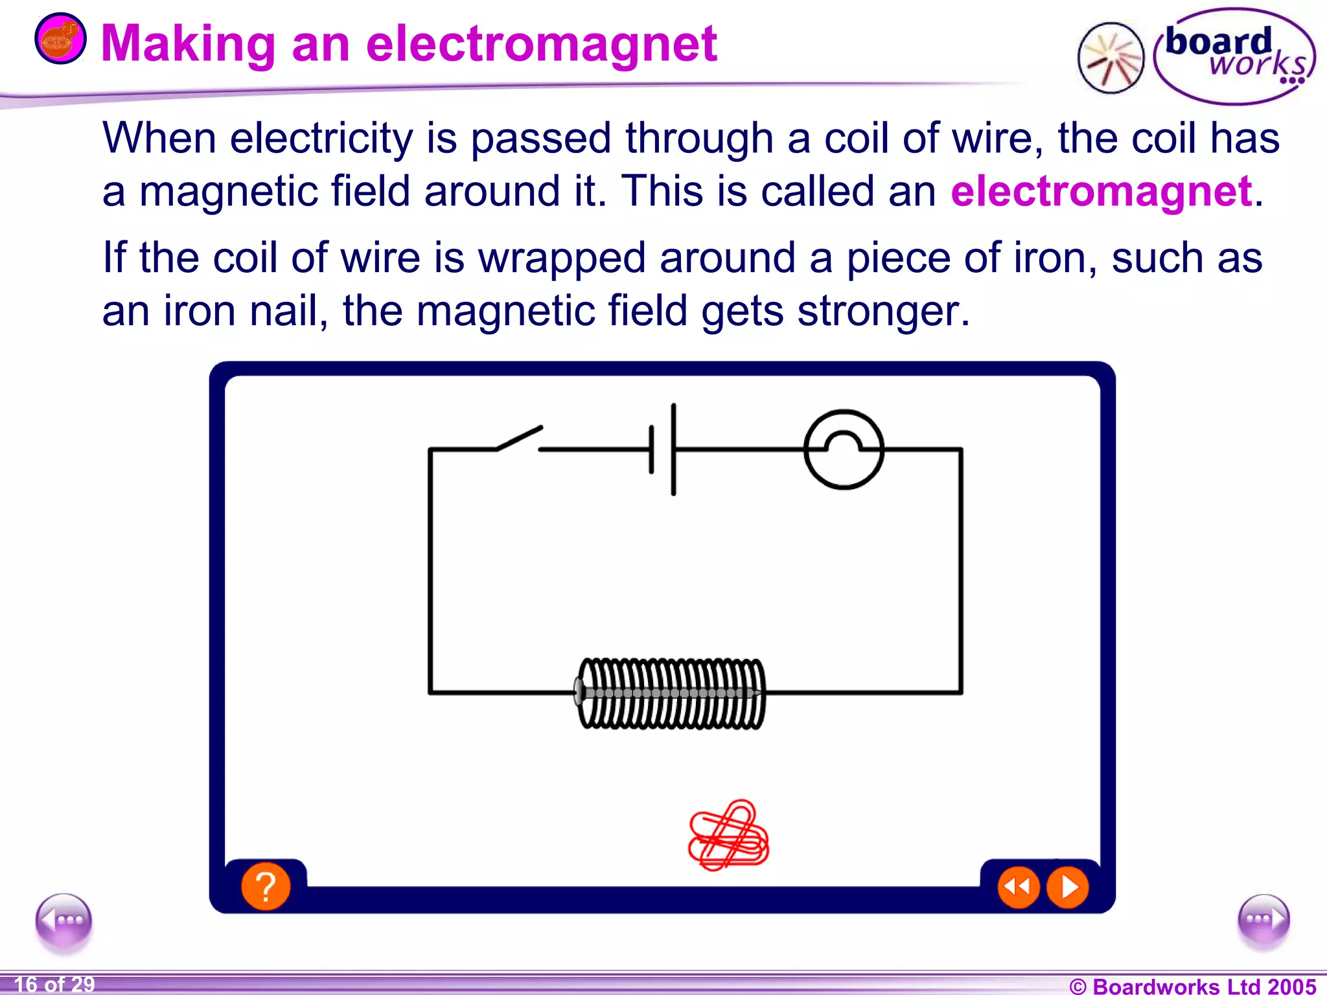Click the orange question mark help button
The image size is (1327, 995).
(x=266, y=886)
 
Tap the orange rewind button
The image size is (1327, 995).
(x=1018, y=887)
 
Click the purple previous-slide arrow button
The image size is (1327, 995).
(x=63, y=920)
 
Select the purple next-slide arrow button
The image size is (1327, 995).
(x=1263, y=920)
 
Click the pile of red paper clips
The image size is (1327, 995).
(x=728, y=836)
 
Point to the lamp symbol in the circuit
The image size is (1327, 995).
(x=843, y=449)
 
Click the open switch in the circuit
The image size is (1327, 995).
(x=518, y=439)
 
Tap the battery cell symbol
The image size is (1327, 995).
(x=663, y=449)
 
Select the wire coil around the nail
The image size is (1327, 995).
(x=671, y=693)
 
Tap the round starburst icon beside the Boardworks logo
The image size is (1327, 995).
(x=1111, y=58)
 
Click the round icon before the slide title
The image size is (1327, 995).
(x=60, y=39)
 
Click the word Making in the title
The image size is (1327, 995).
(x=189, y=44)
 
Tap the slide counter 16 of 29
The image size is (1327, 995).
(x=54, y=985)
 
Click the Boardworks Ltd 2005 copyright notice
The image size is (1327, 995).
(x=1192, y=986)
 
